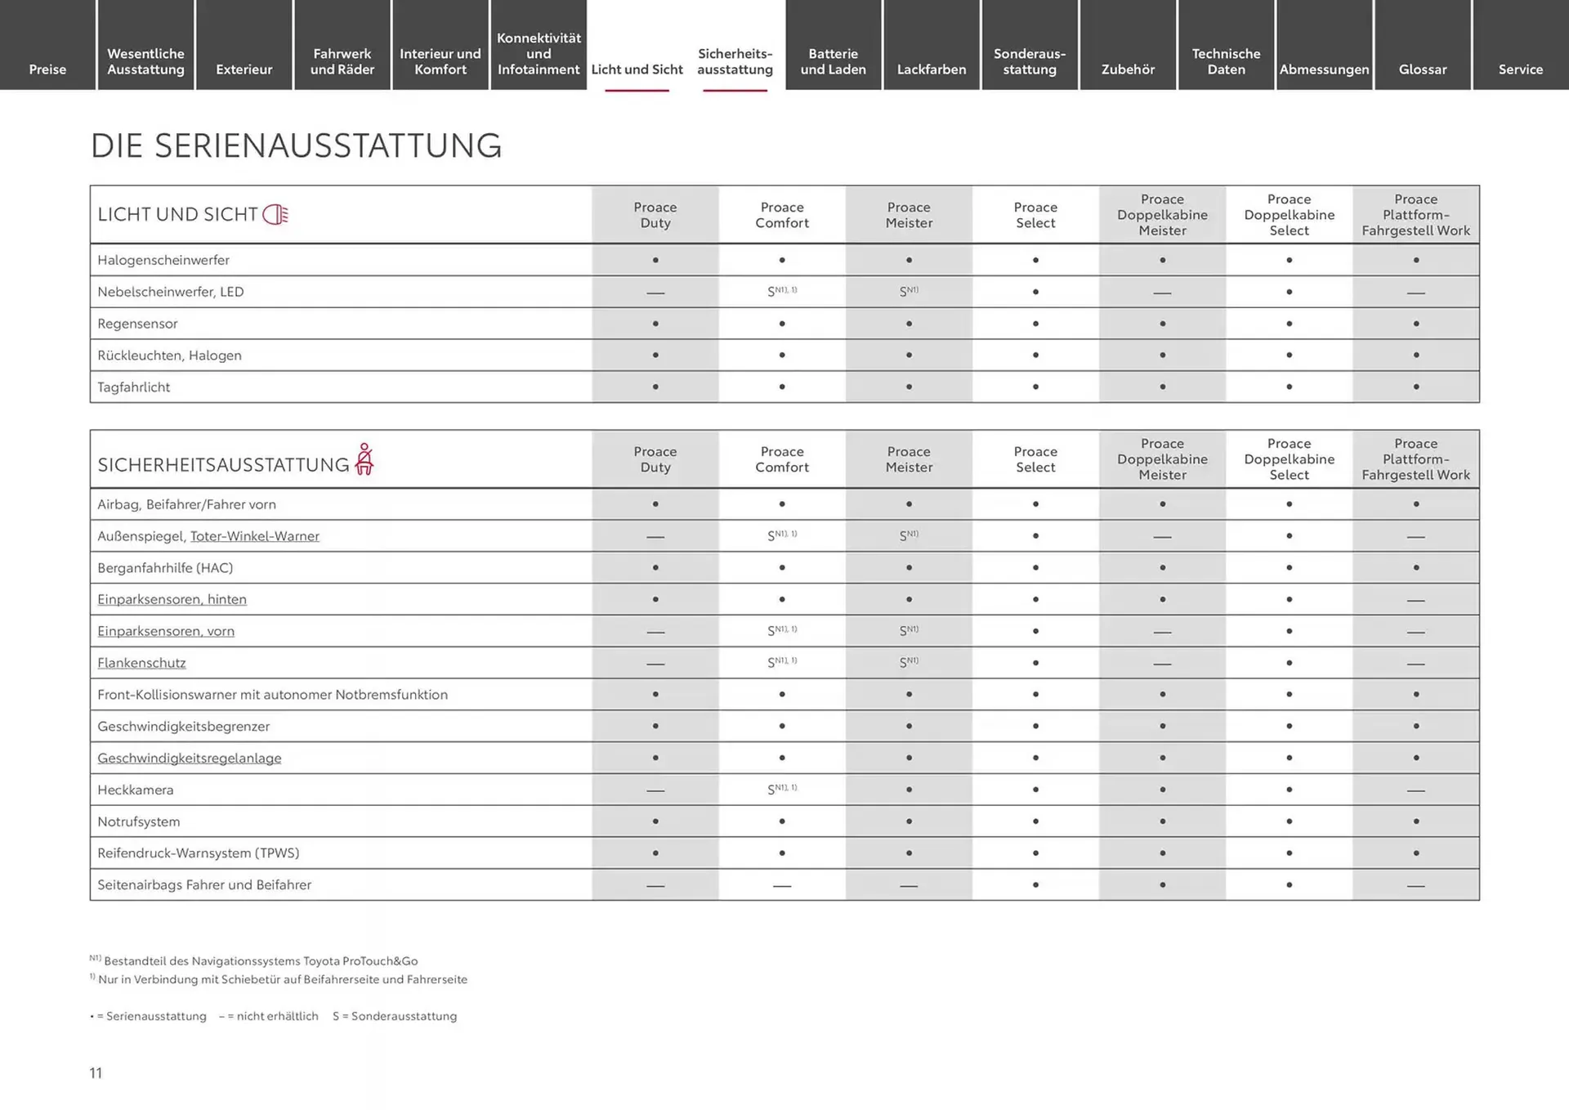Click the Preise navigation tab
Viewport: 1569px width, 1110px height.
tap(47, 69)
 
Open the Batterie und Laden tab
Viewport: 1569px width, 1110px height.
tap(833, 61)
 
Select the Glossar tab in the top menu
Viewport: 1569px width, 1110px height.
tap(1422, 69)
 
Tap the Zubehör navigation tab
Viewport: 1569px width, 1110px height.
tap(1128, 69)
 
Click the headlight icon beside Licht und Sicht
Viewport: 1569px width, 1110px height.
tap(275, 215)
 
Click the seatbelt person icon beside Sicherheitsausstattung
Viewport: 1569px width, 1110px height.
tap(364, 459)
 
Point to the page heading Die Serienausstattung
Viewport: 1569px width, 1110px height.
tap(296, 146)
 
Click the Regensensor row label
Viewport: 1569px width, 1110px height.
tap(137, 324)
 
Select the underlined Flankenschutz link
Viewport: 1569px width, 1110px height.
tap(141, 663)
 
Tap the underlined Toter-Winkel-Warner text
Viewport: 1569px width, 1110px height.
tap(254, 536)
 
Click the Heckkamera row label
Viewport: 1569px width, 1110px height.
tap(135, 790)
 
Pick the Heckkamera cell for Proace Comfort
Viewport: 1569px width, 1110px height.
tap(782, 790)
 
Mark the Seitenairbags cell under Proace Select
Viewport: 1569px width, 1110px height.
tap(1035, 884)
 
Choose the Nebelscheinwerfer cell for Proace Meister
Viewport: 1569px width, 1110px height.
tap(909, 292)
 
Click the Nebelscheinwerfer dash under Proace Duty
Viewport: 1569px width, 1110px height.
tap(655, 293)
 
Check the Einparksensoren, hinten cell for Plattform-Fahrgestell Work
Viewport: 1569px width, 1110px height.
tap(1415, 600)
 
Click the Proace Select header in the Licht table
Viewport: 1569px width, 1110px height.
tap(1035, 215)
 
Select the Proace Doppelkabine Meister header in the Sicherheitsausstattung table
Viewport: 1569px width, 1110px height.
tap(1162, 459)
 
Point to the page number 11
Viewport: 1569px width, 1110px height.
tap(96, 1073)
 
